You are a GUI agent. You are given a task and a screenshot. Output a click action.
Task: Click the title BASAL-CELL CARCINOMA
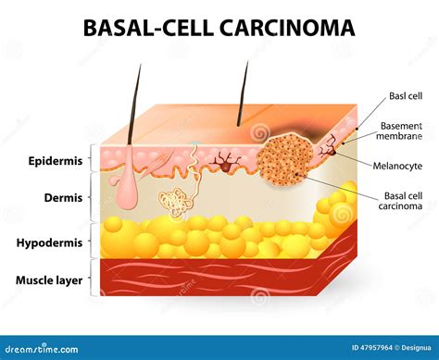[x=219, y=28]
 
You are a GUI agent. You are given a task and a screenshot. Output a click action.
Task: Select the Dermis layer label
[x=63, y=197]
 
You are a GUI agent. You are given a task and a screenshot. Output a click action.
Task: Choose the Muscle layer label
[x=47, y=279]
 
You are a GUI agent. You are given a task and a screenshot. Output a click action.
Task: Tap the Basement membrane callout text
[x=401, y=130]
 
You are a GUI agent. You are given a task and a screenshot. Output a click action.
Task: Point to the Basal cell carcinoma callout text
[x=404, y=201]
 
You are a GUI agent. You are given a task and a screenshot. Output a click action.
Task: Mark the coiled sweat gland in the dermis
[x=173, y=202]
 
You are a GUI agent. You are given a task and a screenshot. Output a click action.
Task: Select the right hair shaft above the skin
[x=245, y=93]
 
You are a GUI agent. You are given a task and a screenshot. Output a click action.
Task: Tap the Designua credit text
[x=410, y=348]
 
